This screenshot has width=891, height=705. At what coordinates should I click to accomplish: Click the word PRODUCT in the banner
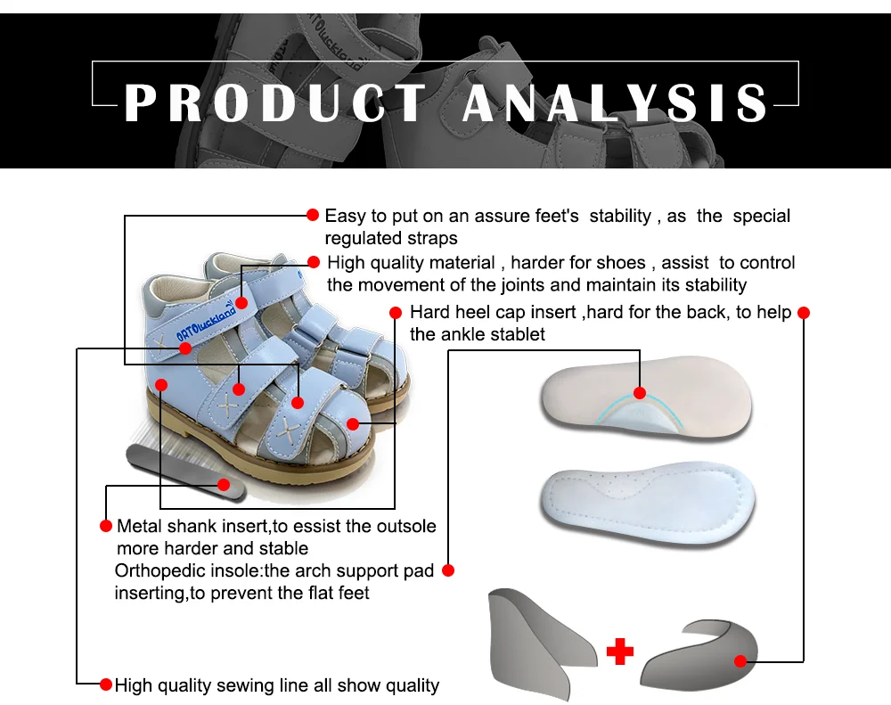pyautogui.click(x=275, y=103)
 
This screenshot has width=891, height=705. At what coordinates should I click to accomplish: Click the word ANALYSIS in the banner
pyautogui.click(x=615, y=103)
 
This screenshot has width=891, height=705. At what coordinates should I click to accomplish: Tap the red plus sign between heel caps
pyautogui.click(x=620, y=652)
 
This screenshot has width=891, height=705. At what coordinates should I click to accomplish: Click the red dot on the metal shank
pyautogui.click(x=225, y=485)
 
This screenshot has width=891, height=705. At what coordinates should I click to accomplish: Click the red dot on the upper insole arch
pyautogui.click(x=640, y=393)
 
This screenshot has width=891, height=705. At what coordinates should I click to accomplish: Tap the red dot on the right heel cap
pyautogui.click(x=740, y=660)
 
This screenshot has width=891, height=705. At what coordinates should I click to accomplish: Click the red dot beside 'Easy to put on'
pyautogui.click(x=313, y=215)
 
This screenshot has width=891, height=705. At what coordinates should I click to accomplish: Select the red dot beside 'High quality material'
pyautogui.click(x=313, y=262)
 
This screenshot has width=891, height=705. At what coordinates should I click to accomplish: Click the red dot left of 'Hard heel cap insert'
pyautogui.click(x=396, y=312)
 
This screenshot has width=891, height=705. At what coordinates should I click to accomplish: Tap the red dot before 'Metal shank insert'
pyautogui.click(x=106, y=525)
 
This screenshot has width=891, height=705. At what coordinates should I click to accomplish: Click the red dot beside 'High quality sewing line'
pyautogui.click(x=106, y=685)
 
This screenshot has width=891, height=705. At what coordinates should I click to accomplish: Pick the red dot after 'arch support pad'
pyautogui.click(x=448, y=570)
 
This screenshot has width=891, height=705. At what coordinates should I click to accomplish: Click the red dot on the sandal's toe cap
pyautogui.click(x=353, y=423)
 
